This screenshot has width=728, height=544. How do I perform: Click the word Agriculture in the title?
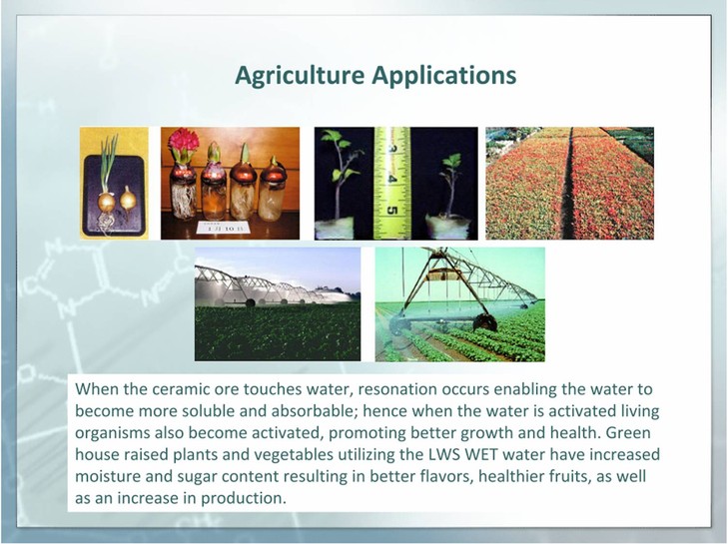[x=300, y=76]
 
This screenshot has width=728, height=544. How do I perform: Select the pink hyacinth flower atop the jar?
[x=184, y=145]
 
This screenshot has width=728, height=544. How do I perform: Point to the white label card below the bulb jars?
[x=223, y=228]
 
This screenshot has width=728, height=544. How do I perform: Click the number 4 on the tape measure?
[x=392, y=179]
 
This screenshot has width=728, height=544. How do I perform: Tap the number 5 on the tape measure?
[x=392, y=212]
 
